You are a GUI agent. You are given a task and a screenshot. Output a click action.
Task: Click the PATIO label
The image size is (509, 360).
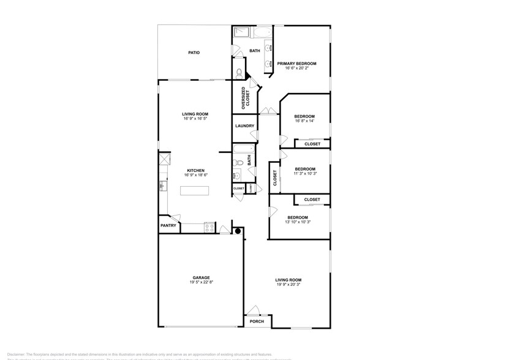click(x=194, y=53)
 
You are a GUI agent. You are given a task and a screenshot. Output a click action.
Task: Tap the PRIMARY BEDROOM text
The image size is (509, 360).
click(x=296, y=64)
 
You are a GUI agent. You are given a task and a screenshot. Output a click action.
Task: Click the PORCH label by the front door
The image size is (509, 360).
click(x=257, y=321)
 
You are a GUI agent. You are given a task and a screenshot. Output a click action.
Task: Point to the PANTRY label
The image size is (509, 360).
click(x=168, y=225)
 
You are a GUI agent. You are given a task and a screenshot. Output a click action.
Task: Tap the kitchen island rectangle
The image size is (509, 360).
click(x=194, y=191)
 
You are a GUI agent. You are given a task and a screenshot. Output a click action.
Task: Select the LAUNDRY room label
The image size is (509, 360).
click(x=244, y=126)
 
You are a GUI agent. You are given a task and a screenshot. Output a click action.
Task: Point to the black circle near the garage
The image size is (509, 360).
click(x=238, y=232)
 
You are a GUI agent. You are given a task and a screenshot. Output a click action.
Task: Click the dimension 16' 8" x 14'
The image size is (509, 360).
click(x=304, y=121)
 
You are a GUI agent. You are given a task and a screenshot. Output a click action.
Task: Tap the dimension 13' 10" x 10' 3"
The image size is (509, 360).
click(x=298, y=222)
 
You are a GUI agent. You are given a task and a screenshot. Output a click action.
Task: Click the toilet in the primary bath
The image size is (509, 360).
click(x=239, y=73)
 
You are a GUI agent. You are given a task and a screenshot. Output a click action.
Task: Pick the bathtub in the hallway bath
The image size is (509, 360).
click(x=244, y=149)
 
